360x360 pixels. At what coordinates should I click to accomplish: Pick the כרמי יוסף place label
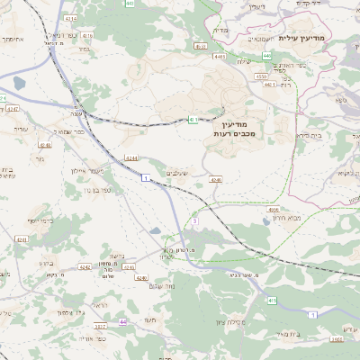point(40,220)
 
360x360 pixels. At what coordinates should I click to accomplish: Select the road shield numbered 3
point(193,220)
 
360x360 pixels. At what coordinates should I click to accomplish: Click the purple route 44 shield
point(122,321)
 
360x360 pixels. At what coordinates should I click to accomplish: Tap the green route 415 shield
point(272,299)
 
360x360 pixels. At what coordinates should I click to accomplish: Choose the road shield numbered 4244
point(131,157)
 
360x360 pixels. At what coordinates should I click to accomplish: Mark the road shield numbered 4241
point(22,239)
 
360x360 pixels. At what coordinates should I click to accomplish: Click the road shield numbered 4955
point(273,208)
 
